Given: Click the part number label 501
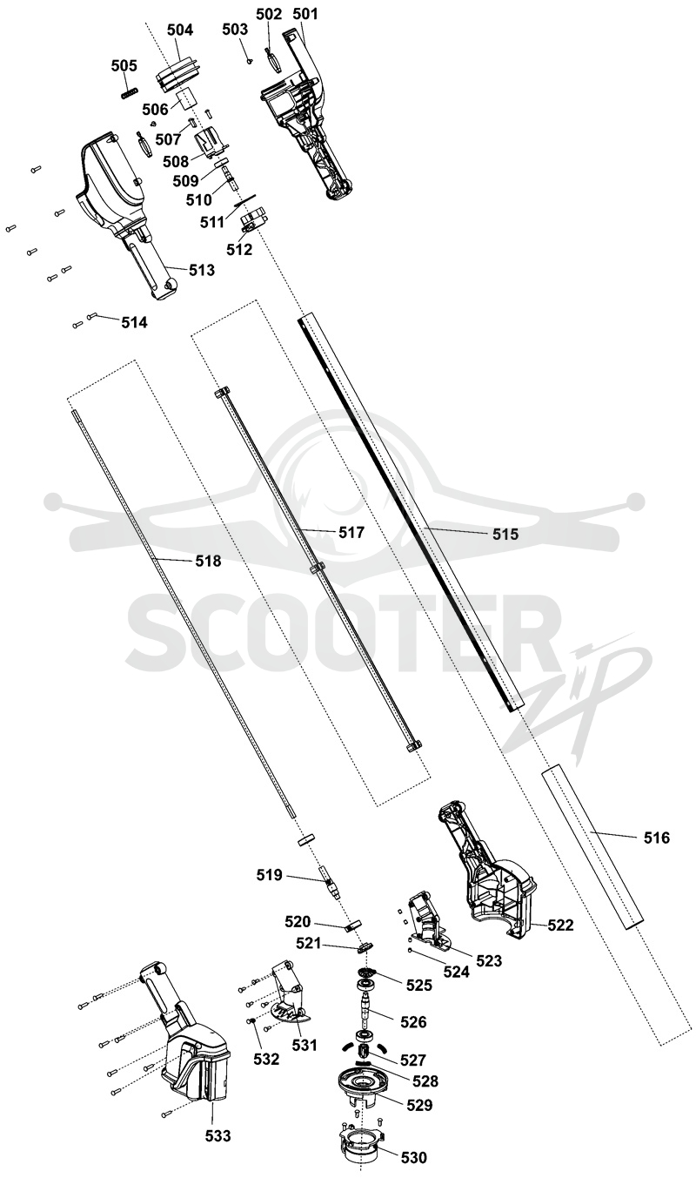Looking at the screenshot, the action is (x=305, y=13).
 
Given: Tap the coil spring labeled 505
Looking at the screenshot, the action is (x=130, y=92).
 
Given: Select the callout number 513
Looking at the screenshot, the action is (x=202, y=270).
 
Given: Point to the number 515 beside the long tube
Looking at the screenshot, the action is (x=505, y=535).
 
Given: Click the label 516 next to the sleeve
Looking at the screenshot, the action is (x=657, y=838).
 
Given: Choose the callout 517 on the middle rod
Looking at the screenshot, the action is (x=351, y=533).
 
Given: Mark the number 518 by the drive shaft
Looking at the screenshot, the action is (x=208, y=561).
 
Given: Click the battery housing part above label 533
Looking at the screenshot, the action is (x=195, y=1062).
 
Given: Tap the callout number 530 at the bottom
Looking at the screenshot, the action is (x=414, y=1157).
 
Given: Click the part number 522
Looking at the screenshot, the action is (x=560, y=925).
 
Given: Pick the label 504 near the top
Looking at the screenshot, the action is (x=180, y=30).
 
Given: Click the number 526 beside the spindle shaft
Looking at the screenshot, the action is (x=413, y=1022).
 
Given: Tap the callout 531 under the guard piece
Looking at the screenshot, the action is (x=304, y=1046).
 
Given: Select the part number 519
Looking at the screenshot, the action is (x=270, y=875).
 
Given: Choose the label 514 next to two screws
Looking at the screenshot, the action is (x=135, y=322).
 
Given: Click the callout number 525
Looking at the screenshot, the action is (x=419, y=985).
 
